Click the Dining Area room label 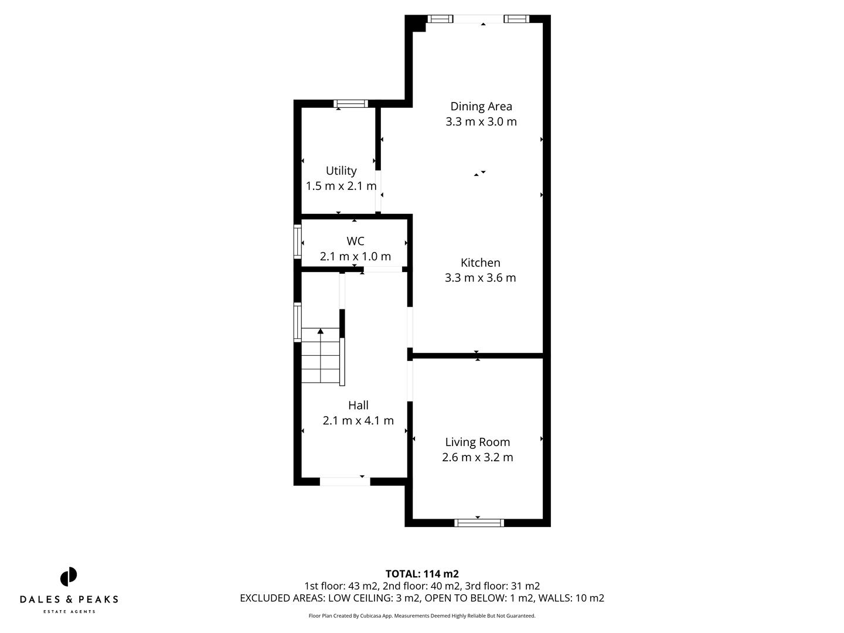coord(481,106)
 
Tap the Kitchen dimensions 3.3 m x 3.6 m coord(480,278)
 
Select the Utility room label coord(341,171)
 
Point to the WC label coord(355,241)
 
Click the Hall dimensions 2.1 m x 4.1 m coord(358,421)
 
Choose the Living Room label coord(477,442)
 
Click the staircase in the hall coord(321,359)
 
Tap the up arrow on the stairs coord(321,332)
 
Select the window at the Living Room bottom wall coord(479,523)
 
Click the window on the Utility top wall coord(351,104)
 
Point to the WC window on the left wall coord(298,241)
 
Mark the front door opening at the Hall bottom coord(345,482)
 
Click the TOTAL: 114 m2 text coord(422,574)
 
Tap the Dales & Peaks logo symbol coord(69,577)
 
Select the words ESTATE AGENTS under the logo coord(69,612)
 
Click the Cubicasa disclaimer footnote coord(422,616)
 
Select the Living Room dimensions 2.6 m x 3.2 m coord(477,458)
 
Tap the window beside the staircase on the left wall coord(298,322)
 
